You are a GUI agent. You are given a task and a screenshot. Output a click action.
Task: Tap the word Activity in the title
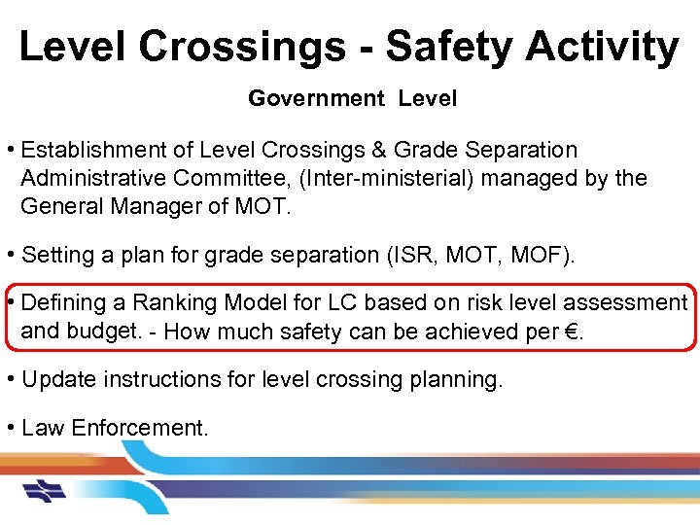tap(610, 46)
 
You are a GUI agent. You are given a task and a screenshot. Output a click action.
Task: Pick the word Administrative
tap(93, 178)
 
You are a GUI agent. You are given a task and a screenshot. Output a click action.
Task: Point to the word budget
tap(103, 331)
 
